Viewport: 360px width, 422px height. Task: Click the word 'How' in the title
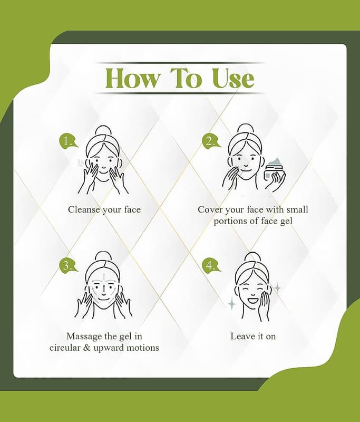[x=132, y=78]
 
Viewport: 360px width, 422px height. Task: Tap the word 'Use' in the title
[x=233, y=78]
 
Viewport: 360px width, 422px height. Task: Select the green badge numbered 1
[x=68, y=141]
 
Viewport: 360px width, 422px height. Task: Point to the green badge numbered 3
[x=68, y=265]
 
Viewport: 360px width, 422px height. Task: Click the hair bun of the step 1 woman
[x=103, y=131]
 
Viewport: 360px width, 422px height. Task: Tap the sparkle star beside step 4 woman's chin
[x=232, y=304]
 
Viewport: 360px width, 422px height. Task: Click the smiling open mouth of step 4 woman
[x=253, y=299]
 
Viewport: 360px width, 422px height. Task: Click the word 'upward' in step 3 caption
[x=109, y=348]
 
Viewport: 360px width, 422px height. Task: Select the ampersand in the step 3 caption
[x=86, y=348]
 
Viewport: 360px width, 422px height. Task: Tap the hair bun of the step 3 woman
[x=103, y=257]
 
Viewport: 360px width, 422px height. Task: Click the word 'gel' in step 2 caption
[x=286, y=221]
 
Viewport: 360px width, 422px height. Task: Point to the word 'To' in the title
[x=186, y=78]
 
